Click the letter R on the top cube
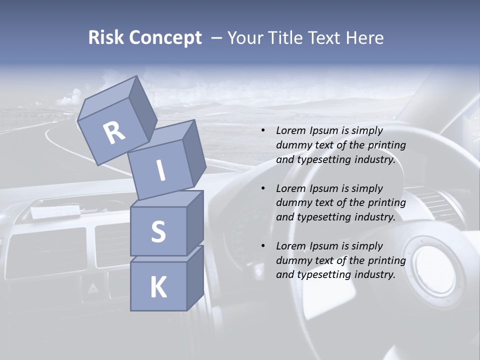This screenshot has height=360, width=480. pos(114,133)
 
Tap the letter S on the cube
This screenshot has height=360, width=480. pos(158,231)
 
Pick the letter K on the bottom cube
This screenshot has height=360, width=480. pos(158,287)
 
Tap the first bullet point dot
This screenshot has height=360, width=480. pos(263,130)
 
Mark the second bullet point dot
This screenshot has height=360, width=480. pos(263,188)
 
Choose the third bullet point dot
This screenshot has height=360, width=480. pos(263,246)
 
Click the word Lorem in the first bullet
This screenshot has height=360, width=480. pos(289,130)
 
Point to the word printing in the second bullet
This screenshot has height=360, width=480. pos(386,203)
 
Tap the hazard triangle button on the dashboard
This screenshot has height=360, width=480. pos(93,287)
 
